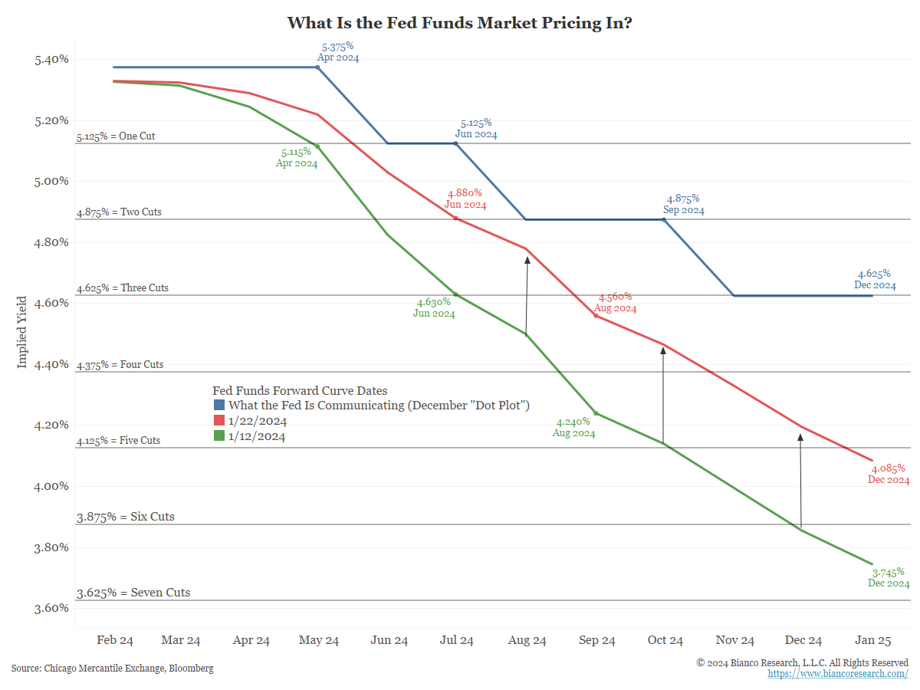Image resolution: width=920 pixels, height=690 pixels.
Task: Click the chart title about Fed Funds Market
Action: point(459,22)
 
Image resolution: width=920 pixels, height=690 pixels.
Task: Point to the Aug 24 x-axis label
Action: point(527,640)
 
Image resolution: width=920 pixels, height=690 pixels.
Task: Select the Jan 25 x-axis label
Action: point(873,640)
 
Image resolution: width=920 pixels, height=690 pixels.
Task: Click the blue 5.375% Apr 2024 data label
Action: point(337,52)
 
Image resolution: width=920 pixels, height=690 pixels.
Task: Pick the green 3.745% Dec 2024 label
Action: point(889,577)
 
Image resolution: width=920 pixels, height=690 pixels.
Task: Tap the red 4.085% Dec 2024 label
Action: point(889,474)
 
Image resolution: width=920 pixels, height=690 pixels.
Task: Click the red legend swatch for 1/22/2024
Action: point(219,421)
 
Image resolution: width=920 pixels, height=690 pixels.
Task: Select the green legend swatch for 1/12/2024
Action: point(219,436)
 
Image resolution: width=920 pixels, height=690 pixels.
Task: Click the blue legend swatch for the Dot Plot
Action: point(219,405)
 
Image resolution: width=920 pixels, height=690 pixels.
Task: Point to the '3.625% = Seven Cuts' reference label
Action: point(133,593)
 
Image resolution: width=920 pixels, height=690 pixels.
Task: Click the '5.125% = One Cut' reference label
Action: point(116,136)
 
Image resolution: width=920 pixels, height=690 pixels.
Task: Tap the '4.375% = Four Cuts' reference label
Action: point(120,365)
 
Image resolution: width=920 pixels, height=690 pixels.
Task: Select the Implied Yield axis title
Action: point(22,332)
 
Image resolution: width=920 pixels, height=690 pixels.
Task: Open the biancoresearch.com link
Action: point(838,673)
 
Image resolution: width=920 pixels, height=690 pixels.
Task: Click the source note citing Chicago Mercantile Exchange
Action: point(113,669)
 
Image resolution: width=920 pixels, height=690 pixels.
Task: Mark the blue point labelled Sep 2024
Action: point(664,220)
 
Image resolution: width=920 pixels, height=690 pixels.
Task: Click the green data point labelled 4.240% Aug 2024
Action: point(596,414)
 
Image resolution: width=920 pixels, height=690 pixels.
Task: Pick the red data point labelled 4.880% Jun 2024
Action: point(456,219)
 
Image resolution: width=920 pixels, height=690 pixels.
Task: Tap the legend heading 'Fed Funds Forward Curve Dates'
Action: point(300,391)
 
